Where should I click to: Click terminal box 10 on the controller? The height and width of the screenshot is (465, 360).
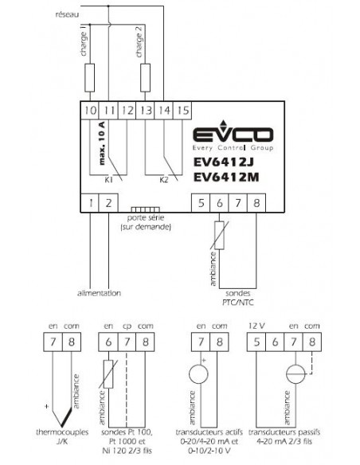point(90,111)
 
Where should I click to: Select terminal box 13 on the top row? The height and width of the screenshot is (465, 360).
point(145,111)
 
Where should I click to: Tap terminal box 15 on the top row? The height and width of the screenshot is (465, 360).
point(182,111)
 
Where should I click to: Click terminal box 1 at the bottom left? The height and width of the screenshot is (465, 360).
point(90,203)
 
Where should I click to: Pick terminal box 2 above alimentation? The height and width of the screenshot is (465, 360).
point(108,203)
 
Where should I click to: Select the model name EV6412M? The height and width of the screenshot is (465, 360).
point(226,177)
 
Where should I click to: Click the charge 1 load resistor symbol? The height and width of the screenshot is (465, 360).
point(90,78)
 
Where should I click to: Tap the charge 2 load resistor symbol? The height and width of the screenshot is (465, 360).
point(145,78)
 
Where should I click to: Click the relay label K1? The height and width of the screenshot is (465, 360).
point(108,180)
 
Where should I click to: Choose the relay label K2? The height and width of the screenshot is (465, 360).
point(164,180)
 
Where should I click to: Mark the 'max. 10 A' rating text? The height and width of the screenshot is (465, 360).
point(102,143)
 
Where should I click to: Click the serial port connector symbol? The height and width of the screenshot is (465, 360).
point(145,209)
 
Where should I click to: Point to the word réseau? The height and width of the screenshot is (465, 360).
point(68,14)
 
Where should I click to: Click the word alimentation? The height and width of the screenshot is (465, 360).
point(99,293)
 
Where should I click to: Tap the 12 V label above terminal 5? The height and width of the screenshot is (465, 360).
point(256,326)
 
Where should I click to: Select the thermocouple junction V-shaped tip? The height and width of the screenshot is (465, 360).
point(61,427)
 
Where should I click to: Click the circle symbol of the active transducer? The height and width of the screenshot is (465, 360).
point(198,374)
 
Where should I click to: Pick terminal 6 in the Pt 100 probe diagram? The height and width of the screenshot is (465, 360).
point(108,342)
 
